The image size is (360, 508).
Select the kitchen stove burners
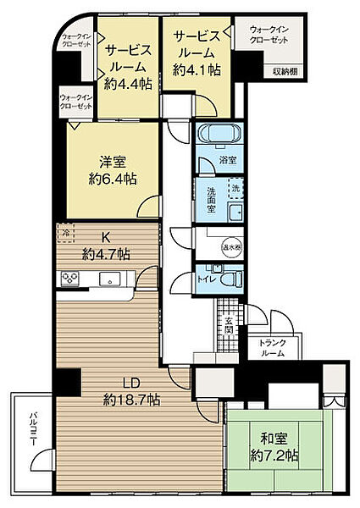click(69, 279)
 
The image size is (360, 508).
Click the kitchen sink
click(107, 279)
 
